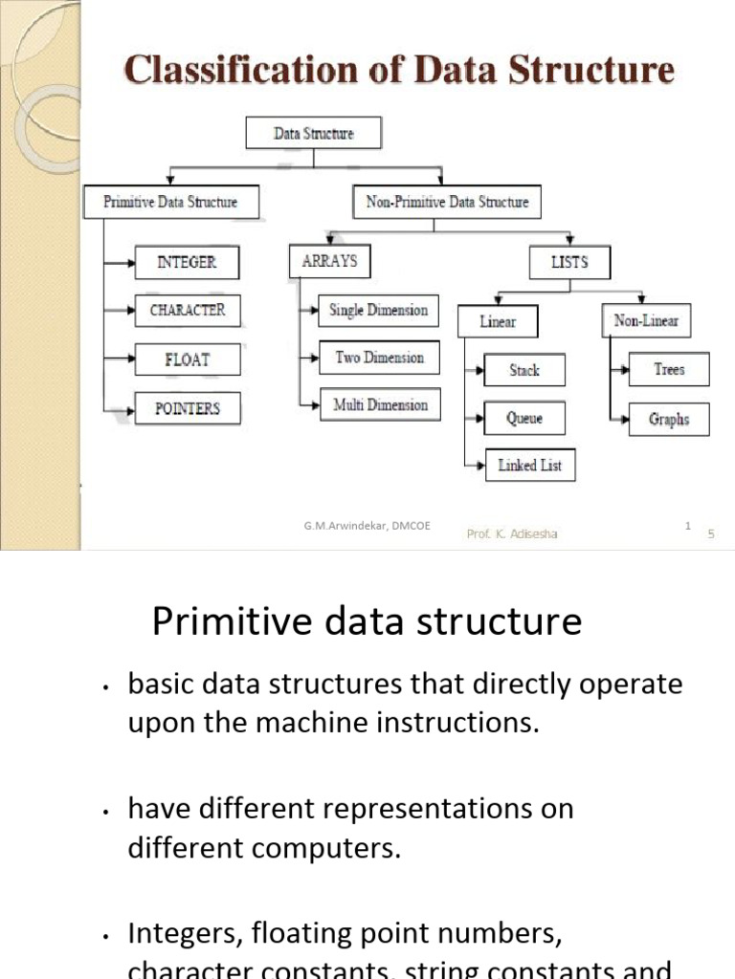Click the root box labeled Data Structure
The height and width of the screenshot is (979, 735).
pos(313,133)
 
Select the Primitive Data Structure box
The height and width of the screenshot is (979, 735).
pos(170,202)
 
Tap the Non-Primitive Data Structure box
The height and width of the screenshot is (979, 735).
pos(447,202)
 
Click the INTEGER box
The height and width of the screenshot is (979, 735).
pos(187,262)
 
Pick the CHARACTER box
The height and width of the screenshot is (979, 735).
pos(187,310)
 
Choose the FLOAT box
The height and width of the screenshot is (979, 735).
pos(187,360)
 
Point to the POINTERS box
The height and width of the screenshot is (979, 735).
pos(187,408)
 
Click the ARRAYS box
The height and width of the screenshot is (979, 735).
pos(329,261)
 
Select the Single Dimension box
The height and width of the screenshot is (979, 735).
pos(378,311)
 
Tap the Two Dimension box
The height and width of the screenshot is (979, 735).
pos(379,358)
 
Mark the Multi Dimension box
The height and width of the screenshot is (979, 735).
pos(380,404)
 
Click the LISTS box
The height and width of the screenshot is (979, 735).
pos(569,262)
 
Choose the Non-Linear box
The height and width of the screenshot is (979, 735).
pos(646,321)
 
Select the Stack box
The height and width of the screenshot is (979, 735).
pos(523,370)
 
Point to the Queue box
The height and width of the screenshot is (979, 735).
pos(523,418)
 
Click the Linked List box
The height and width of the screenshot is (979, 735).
pos(529,466)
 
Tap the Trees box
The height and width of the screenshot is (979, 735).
pos(669,369)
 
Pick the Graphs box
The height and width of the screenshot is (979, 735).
pos(669,419)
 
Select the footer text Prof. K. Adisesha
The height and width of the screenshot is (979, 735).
pos(511,533)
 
